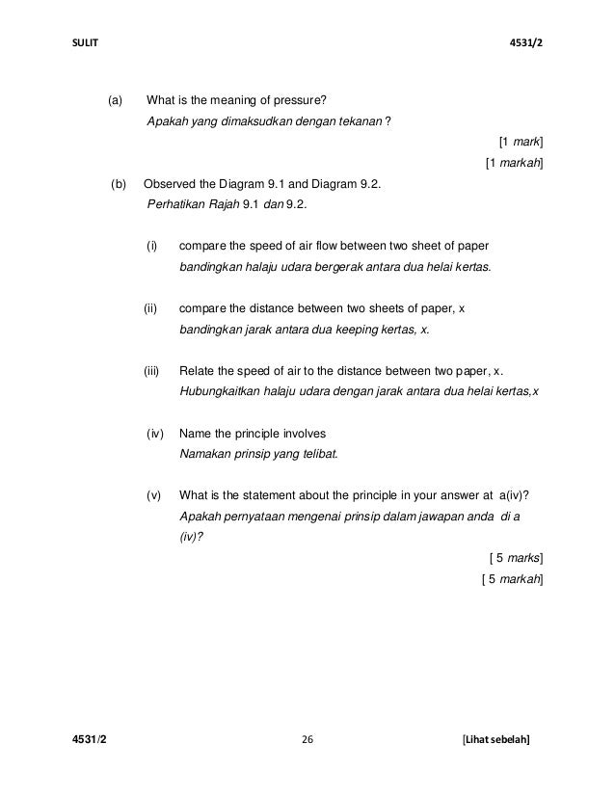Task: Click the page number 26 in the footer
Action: (307, 739)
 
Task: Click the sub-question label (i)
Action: (151, 246)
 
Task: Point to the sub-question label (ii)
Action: (150, 308)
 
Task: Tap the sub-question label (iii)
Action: (151, 371)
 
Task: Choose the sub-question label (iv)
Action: (154, 434)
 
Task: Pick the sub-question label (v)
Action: (152, 495)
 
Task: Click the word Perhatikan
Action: (176, 204)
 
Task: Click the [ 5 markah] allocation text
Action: (512, 578)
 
